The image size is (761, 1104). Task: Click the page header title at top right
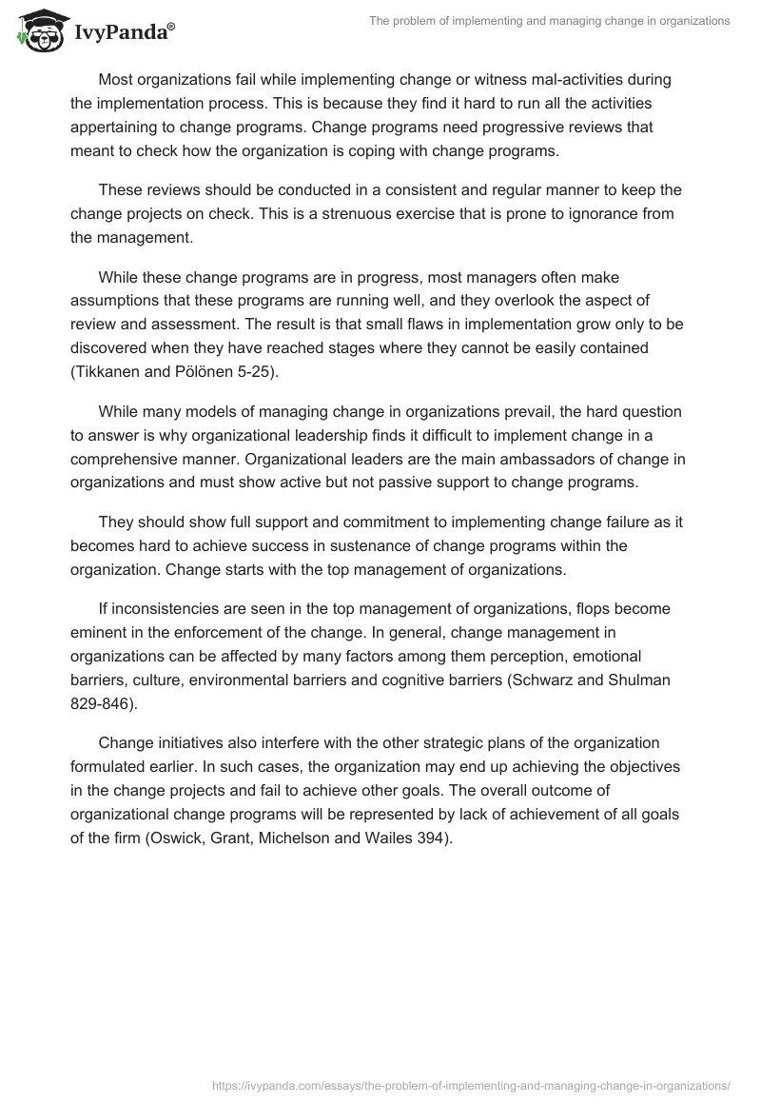click(x=549, y=21)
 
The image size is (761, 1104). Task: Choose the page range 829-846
click(x=105, y=702)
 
